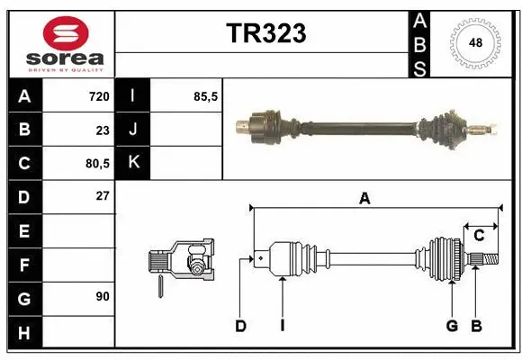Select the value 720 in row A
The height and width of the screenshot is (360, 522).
click(98, 96)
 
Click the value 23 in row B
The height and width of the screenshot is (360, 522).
click(102, 130)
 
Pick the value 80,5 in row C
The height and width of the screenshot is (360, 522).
click(95, 164)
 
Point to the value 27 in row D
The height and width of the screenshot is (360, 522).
click(102, 195)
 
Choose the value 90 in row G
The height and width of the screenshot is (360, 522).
click(102, 295)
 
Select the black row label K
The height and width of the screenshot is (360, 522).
click(132, 163)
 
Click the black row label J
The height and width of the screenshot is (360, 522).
click(132, 130)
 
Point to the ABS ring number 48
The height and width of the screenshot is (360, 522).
click(474, 43)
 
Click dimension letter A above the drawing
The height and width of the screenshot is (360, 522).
click(364, 199)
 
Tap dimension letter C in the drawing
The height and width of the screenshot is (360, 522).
click(480, 236)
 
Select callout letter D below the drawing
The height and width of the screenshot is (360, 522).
click(240, 326)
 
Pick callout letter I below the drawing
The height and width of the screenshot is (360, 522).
click(282, 326)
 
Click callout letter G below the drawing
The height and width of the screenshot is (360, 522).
click(452, 326)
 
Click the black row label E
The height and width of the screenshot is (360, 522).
click(23, 231)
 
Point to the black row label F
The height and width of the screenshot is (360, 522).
click(23, 265)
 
